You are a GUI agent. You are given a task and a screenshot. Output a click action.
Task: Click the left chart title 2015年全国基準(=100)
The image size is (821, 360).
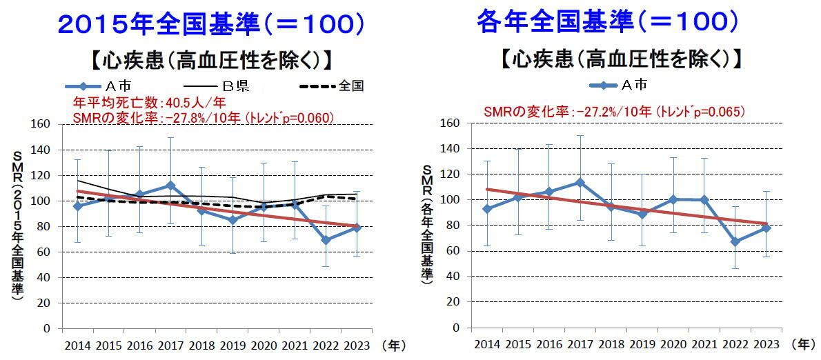(210, 25)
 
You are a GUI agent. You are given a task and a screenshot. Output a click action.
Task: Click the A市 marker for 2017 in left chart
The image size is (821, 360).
(170, 186)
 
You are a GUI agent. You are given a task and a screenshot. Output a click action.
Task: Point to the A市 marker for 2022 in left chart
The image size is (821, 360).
(326, 240)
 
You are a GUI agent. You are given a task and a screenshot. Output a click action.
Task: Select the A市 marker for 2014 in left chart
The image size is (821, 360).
(77, 206)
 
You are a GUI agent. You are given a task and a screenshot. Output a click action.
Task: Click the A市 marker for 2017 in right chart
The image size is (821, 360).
(580, 182)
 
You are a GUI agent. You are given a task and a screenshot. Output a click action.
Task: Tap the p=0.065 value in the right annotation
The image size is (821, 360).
(722, 110)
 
